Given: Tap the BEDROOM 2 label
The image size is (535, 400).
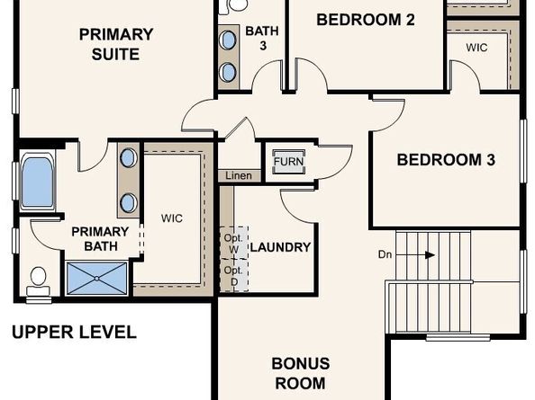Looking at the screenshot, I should click(365, 19).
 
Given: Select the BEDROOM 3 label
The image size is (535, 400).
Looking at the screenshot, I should click(446, 161).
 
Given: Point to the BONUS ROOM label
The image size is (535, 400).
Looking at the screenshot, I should click(301, 373).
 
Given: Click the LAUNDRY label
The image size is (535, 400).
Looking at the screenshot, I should click(280, 247).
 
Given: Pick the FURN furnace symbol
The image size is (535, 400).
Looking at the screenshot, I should click(288, 163).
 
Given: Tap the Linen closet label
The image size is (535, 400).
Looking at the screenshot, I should click(239, 176).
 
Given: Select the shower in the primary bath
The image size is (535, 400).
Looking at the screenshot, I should click(96, 278).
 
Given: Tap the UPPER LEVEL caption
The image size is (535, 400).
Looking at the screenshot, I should click(74, 333).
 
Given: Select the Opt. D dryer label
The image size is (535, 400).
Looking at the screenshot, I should click(233, 275).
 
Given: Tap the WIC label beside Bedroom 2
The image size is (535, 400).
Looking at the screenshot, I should click(476, 47).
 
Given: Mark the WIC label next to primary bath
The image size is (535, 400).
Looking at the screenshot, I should click(172, 218).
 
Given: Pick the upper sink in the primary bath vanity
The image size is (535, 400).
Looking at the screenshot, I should click(128, 158).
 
